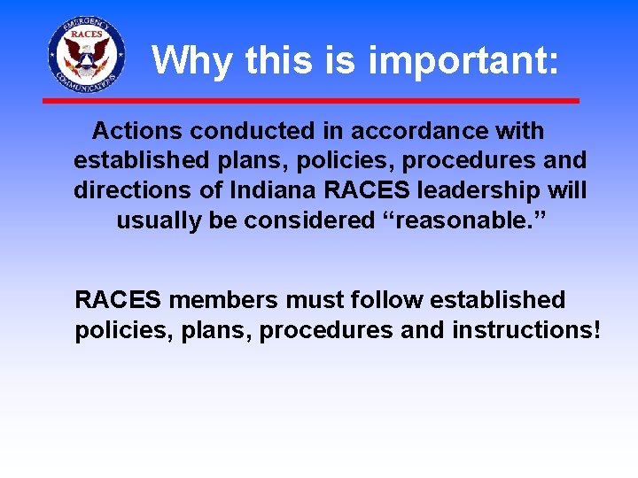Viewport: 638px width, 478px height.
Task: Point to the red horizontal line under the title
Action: (310, 101)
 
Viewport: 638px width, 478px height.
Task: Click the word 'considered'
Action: (309, 220)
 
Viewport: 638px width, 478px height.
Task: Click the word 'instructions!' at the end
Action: (526, 330)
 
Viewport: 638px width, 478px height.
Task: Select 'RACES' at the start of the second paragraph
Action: (117, 300)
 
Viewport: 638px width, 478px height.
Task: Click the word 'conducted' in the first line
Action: (251, 131)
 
